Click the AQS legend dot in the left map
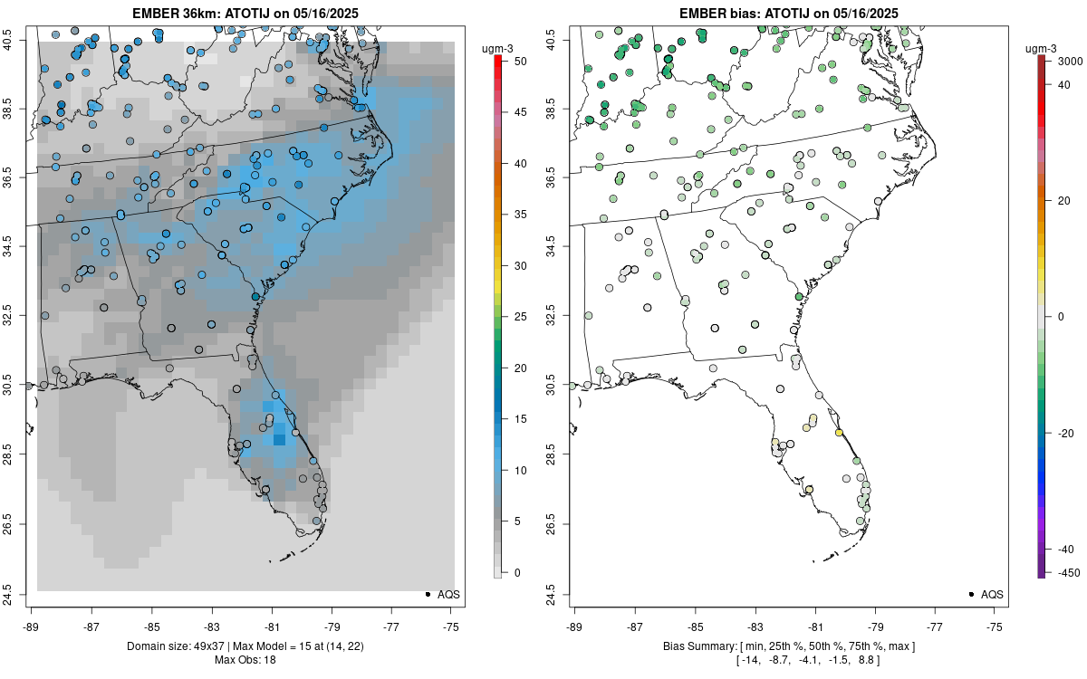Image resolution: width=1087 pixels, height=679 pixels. (x=428, y=594)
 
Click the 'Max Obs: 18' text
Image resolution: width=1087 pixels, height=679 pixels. (x=245, y=660)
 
